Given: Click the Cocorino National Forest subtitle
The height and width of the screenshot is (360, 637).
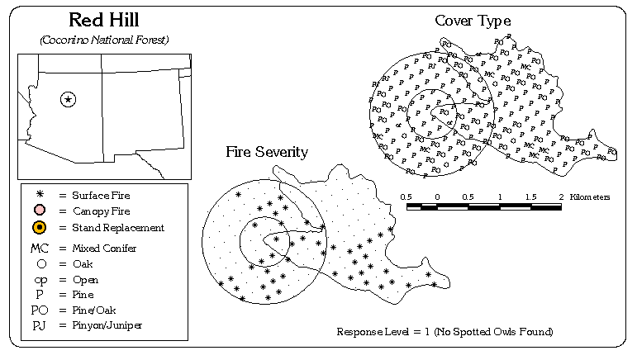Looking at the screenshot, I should point(103,40).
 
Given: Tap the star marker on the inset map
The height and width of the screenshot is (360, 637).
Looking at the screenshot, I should point(69,100).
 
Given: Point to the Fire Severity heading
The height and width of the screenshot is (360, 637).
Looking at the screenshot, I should point(268,152).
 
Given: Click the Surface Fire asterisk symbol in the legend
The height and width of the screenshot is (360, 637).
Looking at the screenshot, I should point(40,196).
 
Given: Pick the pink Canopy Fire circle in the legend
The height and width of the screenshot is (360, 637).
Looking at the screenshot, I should point(40,211).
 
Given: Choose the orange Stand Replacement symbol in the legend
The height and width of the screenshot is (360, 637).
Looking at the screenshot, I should point(40,227).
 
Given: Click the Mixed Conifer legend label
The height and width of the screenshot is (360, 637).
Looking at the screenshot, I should point(105,248).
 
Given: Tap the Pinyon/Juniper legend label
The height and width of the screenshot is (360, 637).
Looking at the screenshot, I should point(107,325).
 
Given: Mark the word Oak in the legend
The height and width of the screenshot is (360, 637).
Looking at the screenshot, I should point(83,263).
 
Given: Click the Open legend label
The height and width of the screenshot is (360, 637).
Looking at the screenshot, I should point(86,279).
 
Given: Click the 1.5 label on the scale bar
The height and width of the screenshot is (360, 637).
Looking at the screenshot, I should point(530,197).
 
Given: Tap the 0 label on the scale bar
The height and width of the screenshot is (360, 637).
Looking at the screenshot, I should point(437,197).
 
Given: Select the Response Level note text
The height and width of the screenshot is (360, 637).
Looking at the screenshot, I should point(444,332).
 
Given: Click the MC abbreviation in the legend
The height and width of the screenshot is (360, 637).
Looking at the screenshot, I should point(40,248).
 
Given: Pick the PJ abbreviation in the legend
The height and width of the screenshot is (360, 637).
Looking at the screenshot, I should point(40,325).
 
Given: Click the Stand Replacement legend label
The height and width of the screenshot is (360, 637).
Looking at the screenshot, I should point(118,227).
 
